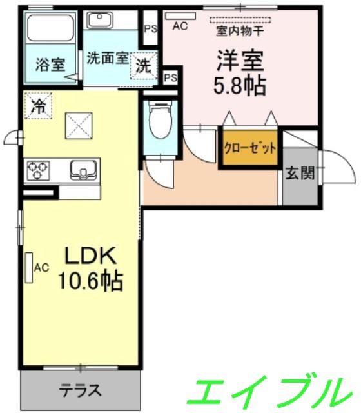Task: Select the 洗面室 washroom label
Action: (x=106, y=57)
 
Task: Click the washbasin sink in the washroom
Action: (x=100, y=21)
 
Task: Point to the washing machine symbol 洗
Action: (x=142, y=65)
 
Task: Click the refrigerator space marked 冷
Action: (x=38, y=105)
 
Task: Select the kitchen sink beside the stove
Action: (x=81, y=170)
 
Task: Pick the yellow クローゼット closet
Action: (x=250, y=148)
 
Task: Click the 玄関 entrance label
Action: (x=300, y=174)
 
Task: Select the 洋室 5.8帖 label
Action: (x=241, y=73)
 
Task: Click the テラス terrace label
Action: (x=81, y=390)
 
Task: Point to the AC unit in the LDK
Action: (x=29, y=267)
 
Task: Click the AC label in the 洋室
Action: (x=180, y=26)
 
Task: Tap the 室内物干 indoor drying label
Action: (x=239, y=30)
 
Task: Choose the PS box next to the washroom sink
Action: (x=150, y=28)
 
